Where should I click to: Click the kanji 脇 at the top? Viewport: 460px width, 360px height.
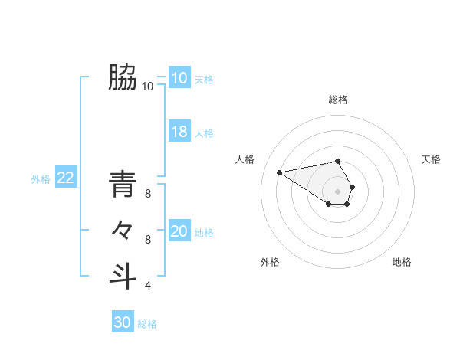pyautogui.click(x=123, y=77)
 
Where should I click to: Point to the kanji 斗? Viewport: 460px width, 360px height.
pyautogui.click(x=123, y=276)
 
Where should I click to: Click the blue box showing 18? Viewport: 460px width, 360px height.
pyautogui.click(x=179, y=132)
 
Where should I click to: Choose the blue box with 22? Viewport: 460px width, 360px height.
pyautogui.click(x=65, y=178)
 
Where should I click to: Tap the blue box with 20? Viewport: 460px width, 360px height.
pyautogui.click(x=179, y=231)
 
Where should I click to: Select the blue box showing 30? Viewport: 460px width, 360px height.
pyautogui.click(x=123, y=322)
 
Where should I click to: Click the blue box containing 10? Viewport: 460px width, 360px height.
pyautogui.click(x=179, y=78)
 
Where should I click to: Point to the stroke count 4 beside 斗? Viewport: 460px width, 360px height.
pyautogui.click(x=148, y=286)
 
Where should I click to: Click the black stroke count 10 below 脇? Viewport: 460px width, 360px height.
pyautogui.click(x=147, y=87)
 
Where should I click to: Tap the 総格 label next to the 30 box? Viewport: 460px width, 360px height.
pyautogui.click(x=147, y=324)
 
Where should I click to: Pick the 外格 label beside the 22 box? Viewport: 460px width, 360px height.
pyautogui.click(x=41, y=179)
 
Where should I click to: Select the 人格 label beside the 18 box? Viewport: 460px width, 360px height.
pyautogui.click(x=204, y=133)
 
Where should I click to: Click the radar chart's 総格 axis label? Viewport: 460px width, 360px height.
pyautogui.click(x=338, y=100)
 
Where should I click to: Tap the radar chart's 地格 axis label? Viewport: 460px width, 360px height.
pyautogui.click(x=402, y=262)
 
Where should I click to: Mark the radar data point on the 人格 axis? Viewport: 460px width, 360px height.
pyautogui.click(x=280, y=172)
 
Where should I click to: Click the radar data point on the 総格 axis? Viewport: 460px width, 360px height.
pyautogui.click(x=338, y=161)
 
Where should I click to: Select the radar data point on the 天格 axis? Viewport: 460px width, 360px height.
pyautogui.click(x=352, y=186)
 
